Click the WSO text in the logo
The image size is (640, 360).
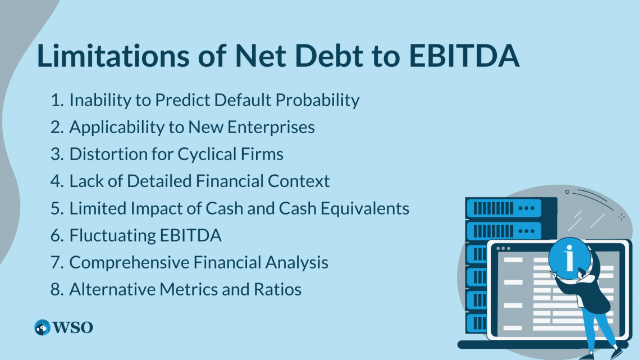click(73, 327)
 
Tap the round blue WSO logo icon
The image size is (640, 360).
click(42, 327)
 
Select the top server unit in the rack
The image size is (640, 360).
click(503, 208)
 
